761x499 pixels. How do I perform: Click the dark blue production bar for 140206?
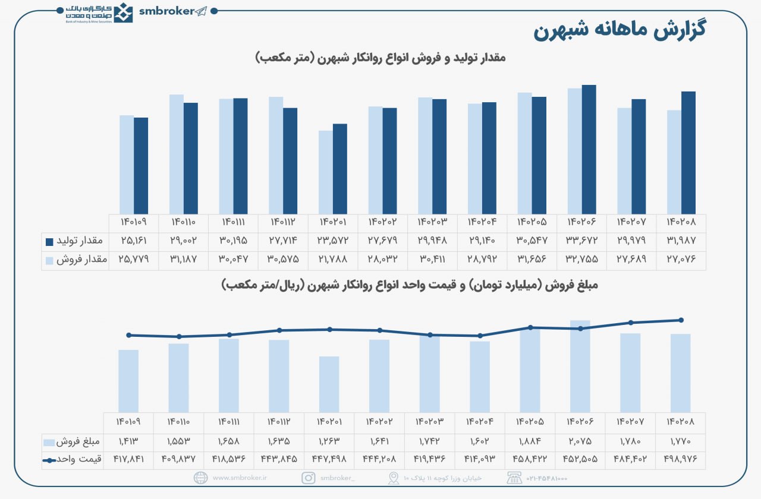[x=589, y=150]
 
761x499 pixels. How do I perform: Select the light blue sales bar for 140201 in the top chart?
[x=325, y=172]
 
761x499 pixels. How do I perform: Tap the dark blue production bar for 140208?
[x=688, y=153]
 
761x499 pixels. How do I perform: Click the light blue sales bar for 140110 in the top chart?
[x=176, y=154]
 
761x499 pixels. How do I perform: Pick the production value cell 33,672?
[x=581, y=241]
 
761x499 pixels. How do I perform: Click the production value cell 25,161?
[x=133, y=241]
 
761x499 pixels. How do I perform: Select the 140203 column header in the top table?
[x=432, y=222]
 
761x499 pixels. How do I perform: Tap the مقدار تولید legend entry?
[x=75, y=241]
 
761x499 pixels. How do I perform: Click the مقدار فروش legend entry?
[x=75, y=260]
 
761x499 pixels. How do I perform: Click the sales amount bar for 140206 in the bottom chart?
[x=580, y=366]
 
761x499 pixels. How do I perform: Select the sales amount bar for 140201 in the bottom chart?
[x=329, y=384]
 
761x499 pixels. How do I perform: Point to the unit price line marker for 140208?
[x=681, y=320]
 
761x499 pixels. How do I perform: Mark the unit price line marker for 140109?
[x=128, y=335]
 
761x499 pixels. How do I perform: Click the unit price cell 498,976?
[x=681, y=459]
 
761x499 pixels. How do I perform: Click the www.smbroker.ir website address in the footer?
[x=240, y=478]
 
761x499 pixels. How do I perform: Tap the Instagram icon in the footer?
[x=309, y=478]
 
